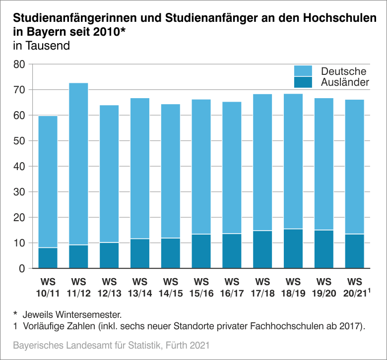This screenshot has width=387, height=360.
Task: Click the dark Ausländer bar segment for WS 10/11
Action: click(x=48, y=258)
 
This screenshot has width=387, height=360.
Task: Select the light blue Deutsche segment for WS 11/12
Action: click(x=78, y=164)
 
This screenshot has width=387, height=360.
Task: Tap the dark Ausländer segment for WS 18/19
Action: click(x=293, y=249)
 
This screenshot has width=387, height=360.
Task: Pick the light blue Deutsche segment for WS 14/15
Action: click(x=171, y=171)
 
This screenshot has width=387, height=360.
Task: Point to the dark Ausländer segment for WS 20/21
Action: click(x=355, y=251)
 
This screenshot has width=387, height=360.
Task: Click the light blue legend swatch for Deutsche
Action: click(x=303, y=71)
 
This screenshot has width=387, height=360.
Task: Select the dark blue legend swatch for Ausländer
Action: click(x=303, y=82)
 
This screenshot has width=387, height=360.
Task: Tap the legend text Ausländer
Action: click(x=345, y=82)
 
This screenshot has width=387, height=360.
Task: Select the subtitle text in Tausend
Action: click(x=41, y=47)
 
